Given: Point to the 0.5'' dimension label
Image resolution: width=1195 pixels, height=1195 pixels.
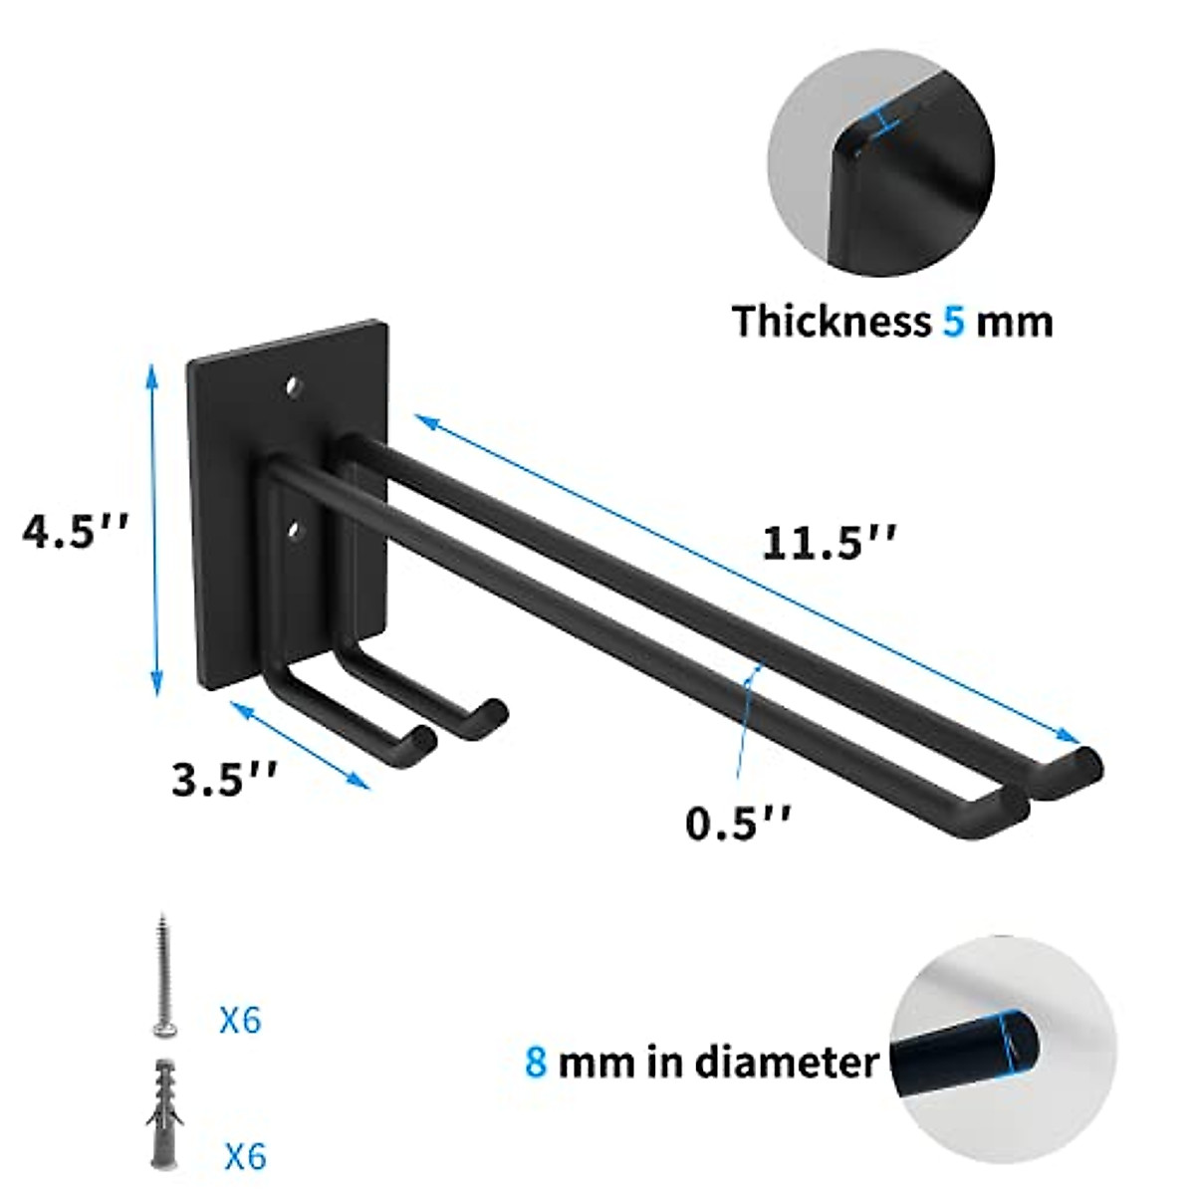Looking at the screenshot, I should point(738,823).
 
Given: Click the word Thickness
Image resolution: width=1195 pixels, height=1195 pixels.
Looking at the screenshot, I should point(831,322).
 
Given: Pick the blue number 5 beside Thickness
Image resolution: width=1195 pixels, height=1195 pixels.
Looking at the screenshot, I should point(953,322).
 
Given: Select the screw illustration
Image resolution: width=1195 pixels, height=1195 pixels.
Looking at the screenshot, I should point(159,976).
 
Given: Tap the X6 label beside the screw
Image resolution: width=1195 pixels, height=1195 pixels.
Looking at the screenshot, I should point(240,1020).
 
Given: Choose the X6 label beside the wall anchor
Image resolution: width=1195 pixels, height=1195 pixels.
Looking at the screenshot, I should point(245,1156).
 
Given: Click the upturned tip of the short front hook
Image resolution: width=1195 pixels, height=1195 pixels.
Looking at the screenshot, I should point(423,739).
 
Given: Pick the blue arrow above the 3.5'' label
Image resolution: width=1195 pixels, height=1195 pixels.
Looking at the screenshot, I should point(300,745).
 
